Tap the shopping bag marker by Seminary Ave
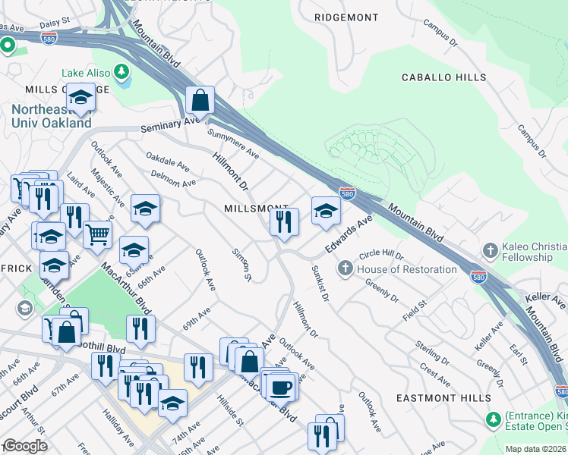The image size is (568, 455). tap(200, 100)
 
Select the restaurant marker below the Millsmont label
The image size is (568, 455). tap(284, 222)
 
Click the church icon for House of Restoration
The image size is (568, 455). tap(345, 268)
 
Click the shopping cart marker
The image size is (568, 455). tap(97, 234)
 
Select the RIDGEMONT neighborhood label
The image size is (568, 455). tap(346, 17)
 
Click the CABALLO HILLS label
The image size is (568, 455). tap(444, 78)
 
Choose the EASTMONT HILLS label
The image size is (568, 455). tap(443, 398)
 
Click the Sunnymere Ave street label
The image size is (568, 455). tap(233, 143)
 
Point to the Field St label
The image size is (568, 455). tap(415, 309)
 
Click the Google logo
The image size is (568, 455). tap(24, 446)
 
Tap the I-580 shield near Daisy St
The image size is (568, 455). tap(49, 36)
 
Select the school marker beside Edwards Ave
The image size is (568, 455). tap(326, 212)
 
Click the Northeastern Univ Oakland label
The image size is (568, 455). tap(52, 116)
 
